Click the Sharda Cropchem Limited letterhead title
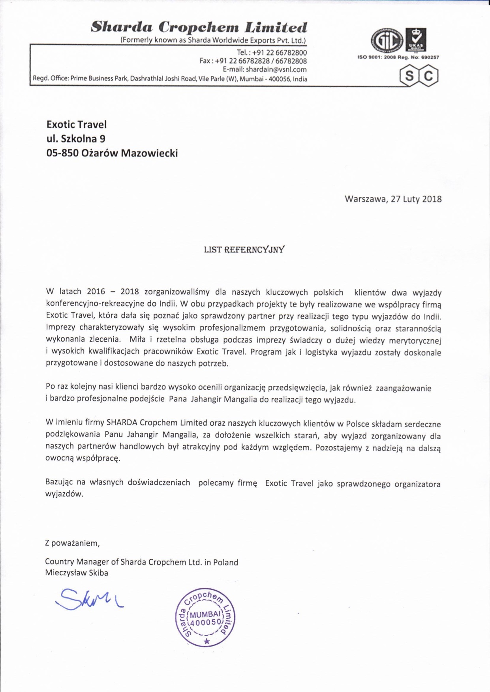(199, 27)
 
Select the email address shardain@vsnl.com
(276, 69)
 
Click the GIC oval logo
(387, 40)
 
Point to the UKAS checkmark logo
(417, 39)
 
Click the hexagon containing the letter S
(409, 75)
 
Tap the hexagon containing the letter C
(428, 75)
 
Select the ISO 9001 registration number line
(398, 57)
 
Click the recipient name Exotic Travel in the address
(77, 125)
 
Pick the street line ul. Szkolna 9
(76, 139)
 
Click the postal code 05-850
(62, 153)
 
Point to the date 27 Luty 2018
(416, 199)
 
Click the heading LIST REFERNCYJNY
(244, 250)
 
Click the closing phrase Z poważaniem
(72, 543)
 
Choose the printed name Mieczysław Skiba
(77, 573)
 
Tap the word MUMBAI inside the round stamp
(205, 614)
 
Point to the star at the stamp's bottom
(207, 642)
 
